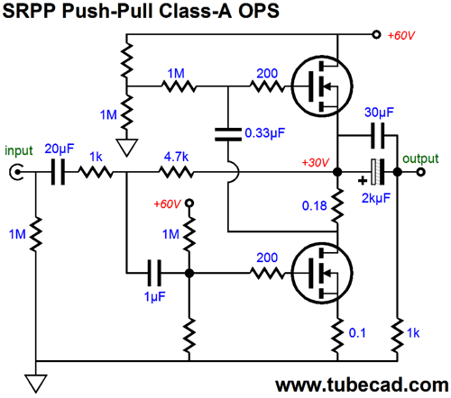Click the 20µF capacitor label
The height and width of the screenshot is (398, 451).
pyautogui.click(x=60, y=149)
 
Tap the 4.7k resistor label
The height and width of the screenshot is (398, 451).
pyautogui.click(x=176, y=157)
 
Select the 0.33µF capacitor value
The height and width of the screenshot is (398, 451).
pyautogui.click(x=265, y=133)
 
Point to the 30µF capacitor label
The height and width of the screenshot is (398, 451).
pyautogui.click(x=379, y=113)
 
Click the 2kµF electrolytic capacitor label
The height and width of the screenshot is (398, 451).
pyautogui.click(x=376, y=198)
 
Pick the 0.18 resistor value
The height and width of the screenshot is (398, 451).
pyautogui.click(x=314, y=206)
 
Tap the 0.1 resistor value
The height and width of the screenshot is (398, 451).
pyautogui.click(x=357, y=333)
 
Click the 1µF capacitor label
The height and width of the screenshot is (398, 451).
pyautogui.click(x=155, y=297)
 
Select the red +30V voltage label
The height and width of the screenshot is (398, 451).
pyautogui.click(x=316, y=163)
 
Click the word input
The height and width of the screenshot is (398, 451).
pyautogui.click(x=19, y=150)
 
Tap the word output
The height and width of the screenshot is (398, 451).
pyautogui.click(x=420, y=158)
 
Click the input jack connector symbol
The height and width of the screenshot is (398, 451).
pyautogui.click(x=15, y=172)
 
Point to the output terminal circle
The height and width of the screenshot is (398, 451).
pyautogui.click(x=421, y=172)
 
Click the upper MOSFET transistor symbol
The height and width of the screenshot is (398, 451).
pyautogui.click(x=322, y=86)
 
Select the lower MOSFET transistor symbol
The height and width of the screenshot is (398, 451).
pyautogui.click(x=322, y=273)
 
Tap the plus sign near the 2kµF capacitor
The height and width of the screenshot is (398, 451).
pyautogui.click(x=363, y=180)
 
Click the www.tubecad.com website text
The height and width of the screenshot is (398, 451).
pyautogui.click(x=362, y=384)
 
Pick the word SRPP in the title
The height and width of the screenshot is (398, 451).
pyautogui.click(x=29, y=11)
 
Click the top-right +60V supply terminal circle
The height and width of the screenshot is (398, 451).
pyautogui.click(x=376, y=34)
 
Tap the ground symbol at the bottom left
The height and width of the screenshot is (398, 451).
pyautogui.click(x=36, y=384)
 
